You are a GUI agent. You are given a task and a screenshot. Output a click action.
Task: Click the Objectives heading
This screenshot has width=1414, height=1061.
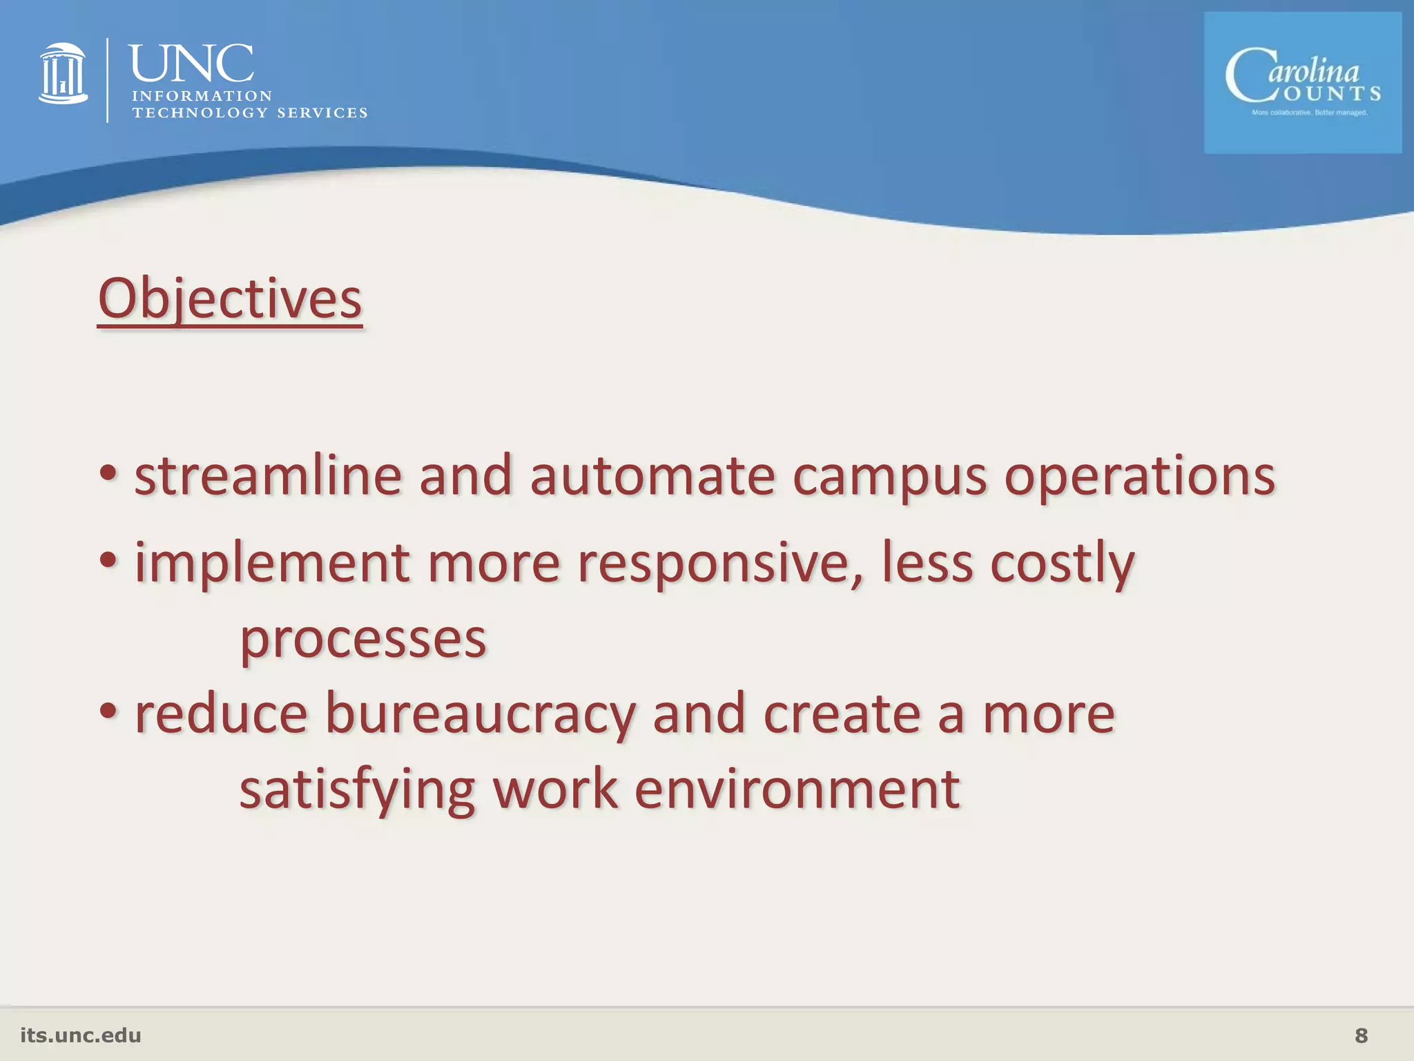tap(230, 298)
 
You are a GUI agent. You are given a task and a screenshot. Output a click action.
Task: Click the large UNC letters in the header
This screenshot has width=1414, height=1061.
tap(191, 64)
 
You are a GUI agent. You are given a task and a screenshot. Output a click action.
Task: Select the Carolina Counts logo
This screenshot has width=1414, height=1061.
tap(1302, 83)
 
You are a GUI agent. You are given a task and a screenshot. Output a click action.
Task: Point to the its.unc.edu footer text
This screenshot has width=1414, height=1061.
tap(81, 1035)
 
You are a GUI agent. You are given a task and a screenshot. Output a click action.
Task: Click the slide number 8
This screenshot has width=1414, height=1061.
tap(1361, 1035)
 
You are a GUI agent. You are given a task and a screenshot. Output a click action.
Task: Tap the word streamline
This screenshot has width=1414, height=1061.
tap(268, 476)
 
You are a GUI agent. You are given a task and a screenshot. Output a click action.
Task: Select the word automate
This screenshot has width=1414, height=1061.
tap(652, 476)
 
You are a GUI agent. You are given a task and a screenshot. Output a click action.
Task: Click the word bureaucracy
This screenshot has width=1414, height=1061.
tap(480, 715)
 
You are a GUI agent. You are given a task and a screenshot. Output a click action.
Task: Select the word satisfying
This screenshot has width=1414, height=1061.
tap(357, 790)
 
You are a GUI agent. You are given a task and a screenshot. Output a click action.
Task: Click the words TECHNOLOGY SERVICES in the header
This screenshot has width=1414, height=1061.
tap(250, 113)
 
